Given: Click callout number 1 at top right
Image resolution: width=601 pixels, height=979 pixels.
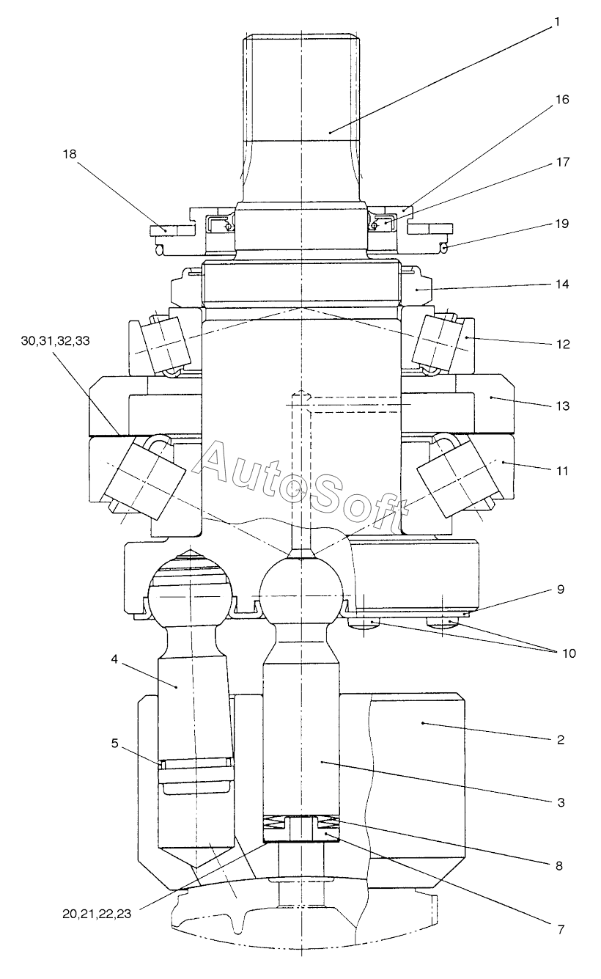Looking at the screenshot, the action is click(x=556, y=22).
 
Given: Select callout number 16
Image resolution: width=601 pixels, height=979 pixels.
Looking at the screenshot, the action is click(x=563, y=100).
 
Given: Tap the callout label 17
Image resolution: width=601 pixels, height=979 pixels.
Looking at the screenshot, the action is click(x=563, y=162).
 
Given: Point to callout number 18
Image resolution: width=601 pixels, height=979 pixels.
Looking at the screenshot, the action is click(x=70, y=154).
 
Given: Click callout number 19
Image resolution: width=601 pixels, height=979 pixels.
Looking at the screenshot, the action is click(x=562, y=224).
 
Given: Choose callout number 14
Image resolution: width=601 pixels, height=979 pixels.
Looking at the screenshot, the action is click(x=562, y=284).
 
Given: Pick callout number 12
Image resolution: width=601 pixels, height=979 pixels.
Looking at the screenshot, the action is click(x=563, y=345).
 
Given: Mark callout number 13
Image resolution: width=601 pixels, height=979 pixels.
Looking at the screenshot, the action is click(x=563, y=406).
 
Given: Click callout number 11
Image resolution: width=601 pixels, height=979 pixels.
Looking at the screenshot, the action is click(x=562, y=471).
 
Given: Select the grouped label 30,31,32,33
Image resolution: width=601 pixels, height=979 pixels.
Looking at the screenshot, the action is click(x=56, y=341).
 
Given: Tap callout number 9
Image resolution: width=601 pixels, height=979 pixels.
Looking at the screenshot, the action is click(x=561, y=590).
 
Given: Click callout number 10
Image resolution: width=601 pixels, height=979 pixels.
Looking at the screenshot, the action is click(x=568, y=653).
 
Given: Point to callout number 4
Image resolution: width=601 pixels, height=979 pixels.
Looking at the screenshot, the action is click(x=114, y=659).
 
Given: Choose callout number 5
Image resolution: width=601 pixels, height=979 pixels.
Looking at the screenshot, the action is click(x=115, y=744).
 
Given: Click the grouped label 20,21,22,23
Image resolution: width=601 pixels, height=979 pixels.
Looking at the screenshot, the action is click(x=97, y=914).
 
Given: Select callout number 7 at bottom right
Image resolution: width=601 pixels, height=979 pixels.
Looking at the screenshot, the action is click(x=561, y=930).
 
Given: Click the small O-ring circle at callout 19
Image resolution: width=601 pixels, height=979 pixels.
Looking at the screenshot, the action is click(x=444, y=249).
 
